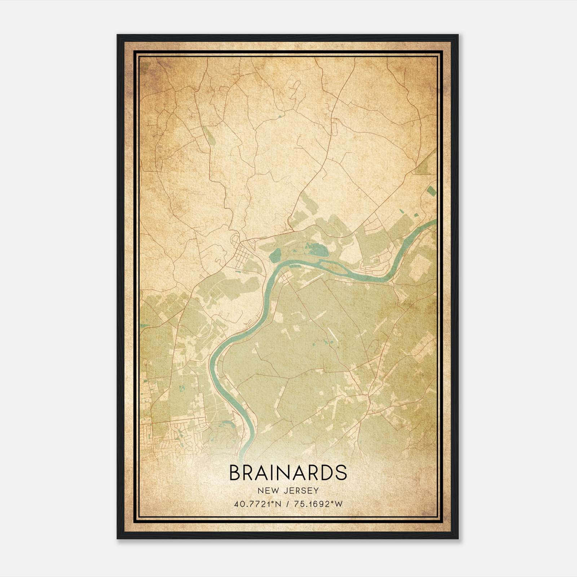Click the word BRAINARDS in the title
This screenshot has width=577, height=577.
pos(288,473)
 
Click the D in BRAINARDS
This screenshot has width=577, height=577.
pos(326,473)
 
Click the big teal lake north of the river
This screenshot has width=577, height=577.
pos(317,249)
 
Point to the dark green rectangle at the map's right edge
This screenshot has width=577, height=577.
pos(431,191)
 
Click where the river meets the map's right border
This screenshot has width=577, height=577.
pos(435,221)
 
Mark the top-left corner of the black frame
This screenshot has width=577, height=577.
pos(117,35)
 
